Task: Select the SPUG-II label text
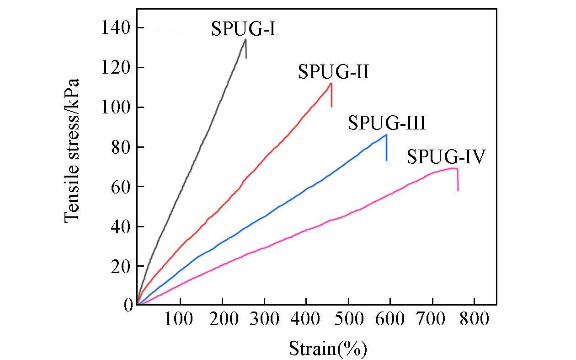pos(333,72)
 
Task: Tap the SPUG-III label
pos(387,123)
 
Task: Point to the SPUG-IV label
pos(446,157)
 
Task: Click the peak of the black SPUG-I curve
pos(245,39)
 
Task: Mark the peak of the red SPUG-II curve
pos(331,83)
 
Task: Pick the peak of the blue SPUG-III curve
pos(386,135)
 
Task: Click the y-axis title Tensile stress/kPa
pos(72,150)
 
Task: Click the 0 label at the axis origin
pos(128,305)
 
